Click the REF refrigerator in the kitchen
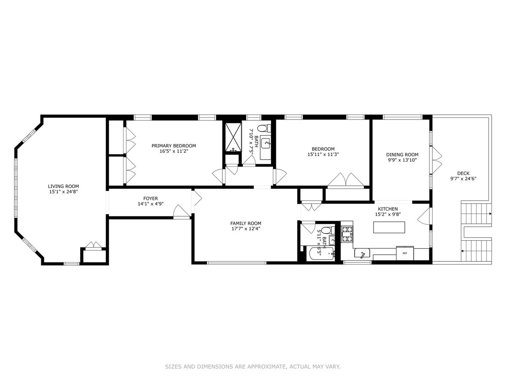coord(404,253)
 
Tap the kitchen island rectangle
coord(389,227)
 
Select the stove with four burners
coord(347,234)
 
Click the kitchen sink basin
coord(362,253)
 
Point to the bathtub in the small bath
coord(320,254)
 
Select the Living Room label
coord(63,186)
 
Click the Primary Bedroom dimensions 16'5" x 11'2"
coord(174,151)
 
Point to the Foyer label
coord(151,198)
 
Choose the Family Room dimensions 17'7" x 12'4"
coord(246,229)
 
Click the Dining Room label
coord(402,155)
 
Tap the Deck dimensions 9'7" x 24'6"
coord(463,178)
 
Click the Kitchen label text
coord(388,209)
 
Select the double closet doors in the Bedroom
coord(345,180)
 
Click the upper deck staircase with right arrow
coord(476,214)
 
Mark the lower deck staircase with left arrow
coord(476,251)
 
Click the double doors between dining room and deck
coord(436,160)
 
